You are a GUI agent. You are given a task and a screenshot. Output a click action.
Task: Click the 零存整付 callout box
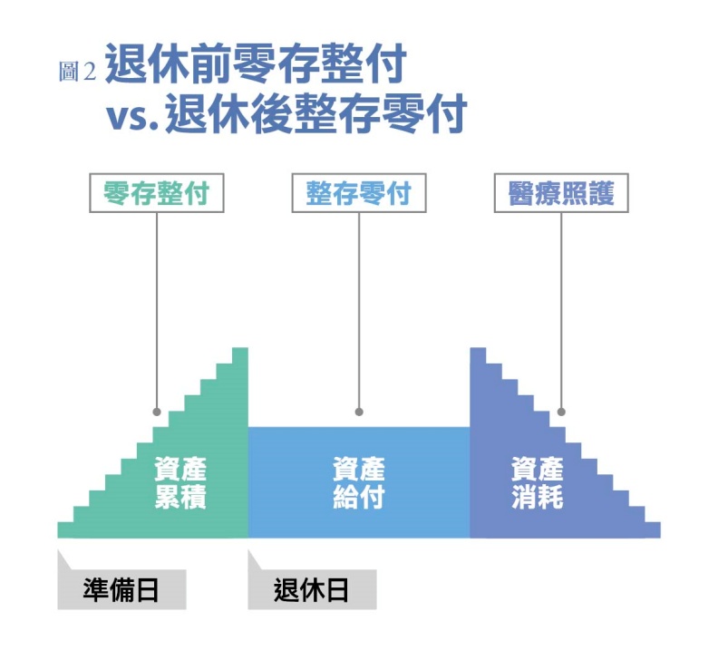(156, 193)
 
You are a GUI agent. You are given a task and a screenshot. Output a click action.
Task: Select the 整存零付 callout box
(358, 193)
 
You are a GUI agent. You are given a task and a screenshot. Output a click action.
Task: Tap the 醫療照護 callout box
(561, 193)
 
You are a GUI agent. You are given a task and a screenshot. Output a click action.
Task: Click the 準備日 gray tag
(121, 590)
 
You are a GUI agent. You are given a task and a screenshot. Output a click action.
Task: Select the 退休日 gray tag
(312, 590)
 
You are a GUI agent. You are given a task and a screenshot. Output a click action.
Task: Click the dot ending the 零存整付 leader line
(157, 411)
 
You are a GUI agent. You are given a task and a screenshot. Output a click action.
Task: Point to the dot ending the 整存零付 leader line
(359, 411)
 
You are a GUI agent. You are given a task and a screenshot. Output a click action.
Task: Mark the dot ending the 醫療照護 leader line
(561, 411)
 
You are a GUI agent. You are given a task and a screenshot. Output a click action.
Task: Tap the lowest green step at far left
(64, 530)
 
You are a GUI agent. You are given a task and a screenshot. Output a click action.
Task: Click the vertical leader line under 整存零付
(359, 308)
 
